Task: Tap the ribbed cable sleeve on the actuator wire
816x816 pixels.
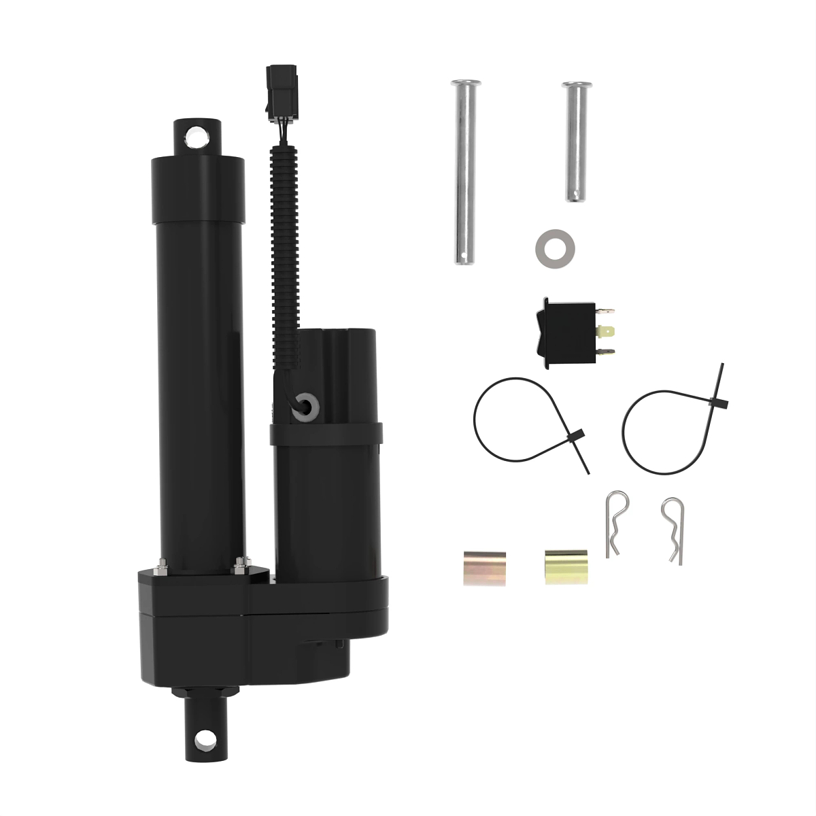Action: (284, 224)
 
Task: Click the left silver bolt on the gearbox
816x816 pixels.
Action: (162, 564)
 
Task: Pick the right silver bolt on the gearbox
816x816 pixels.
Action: (239, 564)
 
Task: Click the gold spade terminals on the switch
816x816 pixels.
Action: (607, 333)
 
